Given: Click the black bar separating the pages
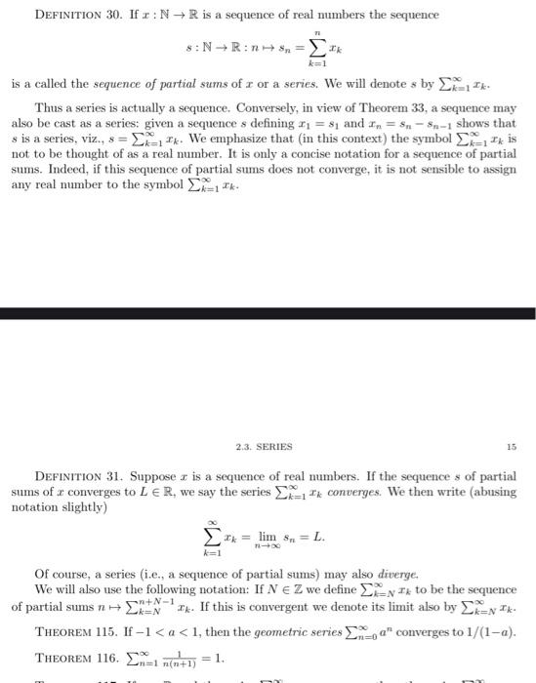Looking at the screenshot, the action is (268, 313).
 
